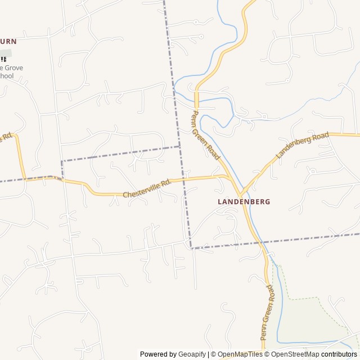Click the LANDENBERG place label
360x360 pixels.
(244, 201)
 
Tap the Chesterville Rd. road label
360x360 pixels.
(146, 190)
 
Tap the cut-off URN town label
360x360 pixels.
(8, 41)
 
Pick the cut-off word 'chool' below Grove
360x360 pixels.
(7, 76)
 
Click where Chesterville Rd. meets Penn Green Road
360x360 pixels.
(228, 176)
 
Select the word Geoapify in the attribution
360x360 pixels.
(192, 354)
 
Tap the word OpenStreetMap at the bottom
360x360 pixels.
(296, 354)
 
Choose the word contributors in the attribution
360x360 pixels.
(339, 354)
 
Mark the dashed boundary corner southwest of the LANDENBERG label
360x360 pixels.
(191, 247)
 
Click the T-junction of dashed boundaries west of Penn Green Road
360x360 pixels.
(179, 147)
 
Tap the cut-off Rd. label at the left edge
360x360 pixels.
(7, 137)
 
